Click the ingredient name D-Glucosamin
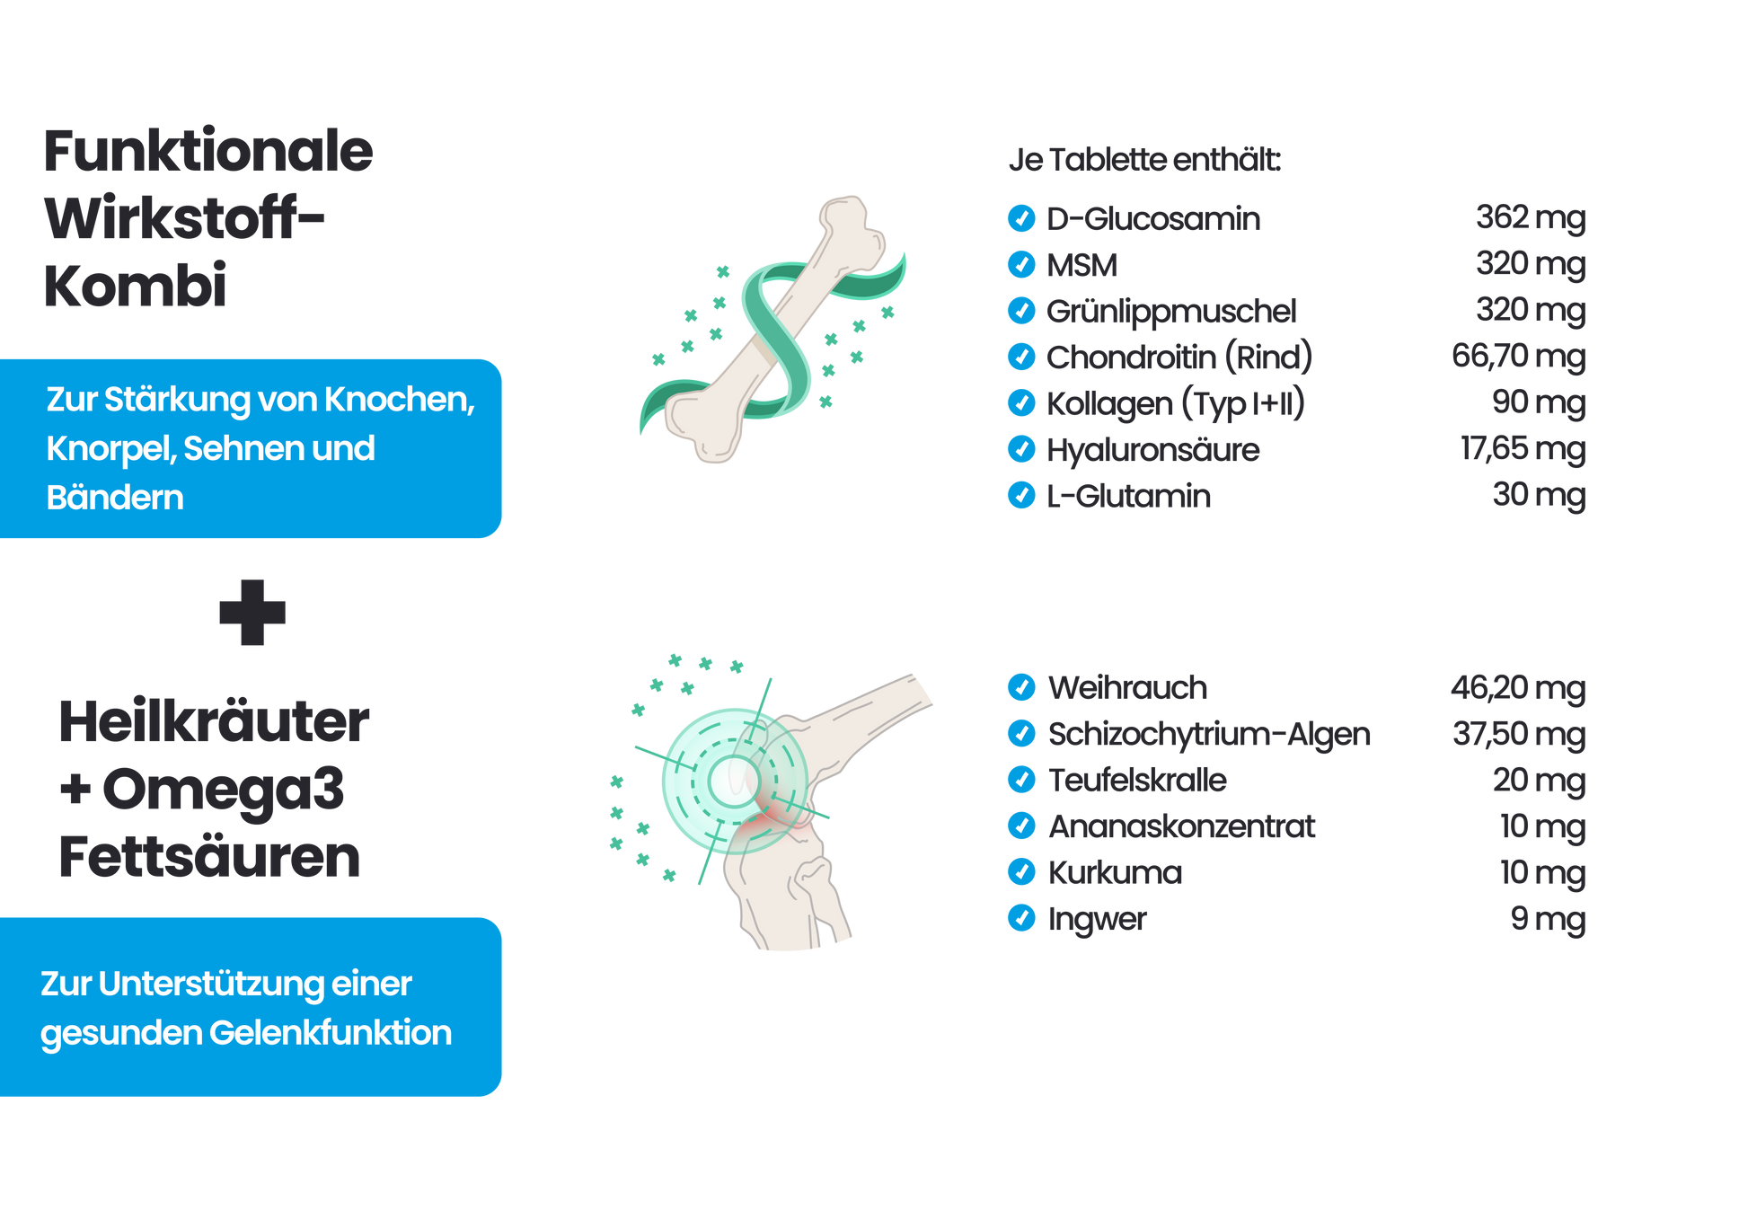point(1152,218)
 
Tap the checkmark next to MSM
point(1021,264)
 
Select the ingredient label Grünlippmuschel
point(1170,311)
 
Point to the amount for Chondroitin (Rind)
point(1518,357)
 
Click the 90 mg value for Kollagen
point(1538,402)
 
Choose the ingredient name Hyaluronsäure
point(1152,449)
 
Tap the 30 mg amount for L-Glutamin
point(1538,495)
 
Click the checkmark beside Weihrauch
point(1021,687)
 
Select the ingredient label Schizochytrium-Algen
point(1209,734)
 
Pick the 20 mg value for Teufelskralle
point(1538,781)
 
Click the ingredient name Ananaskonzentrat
point(1181,826)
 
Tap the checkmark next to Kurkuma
point(1021,872)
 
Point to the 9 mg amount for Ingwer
point(1547,919)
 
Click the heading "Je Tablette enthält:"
point(1144,160)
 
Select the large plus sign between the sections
point(252,614)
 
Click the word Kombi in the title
point(135,286)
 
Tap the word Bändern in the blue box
point(115,498)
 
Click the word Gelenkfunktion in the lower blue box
point(331,1033)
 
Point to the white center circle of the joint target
point(734,781)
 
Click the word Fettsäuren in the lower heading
point(209,857)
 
